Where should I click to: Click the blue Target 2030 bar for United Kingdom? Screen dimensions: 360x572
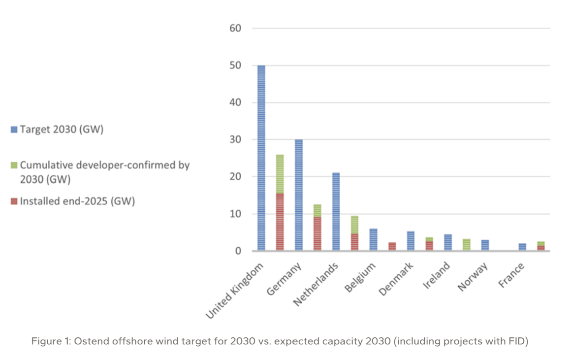261,158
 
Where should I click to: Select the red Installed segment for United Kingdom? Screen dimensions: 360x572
280,222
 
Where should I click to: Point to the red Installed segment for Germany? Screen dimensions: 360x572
317,234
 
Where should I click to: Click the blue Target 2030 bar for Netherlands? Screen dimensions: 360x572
336,212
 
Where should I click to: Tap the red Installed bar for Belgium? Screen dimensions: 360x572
392,246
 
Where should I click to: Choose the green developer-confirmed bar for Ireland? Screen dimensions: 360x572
467,245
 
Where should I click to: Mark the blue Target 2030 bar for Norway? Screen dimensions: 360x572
485,245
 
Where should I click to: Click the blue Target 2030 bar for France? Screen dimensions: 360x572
522,247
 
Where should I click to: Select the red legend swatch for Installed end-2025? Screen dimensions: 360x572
14,201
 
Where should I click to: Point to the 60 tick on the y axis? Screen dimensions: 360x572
235,29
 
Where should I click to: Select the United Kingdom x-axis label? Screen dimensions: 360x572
235,290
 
